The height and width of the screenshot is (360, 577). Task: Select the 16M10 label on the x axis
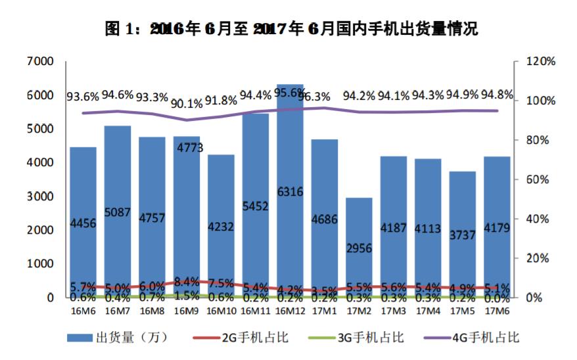(221, 310)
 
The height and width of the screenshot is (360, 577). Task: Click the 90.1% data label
(187, 103)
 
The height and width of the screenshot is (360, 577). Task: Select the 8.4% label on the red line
(187, 281)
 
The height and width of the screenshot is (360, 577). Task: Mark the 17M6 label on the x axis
(497, 310)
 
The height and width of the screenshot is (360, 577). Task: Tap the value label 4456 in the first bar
(83, 223)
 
